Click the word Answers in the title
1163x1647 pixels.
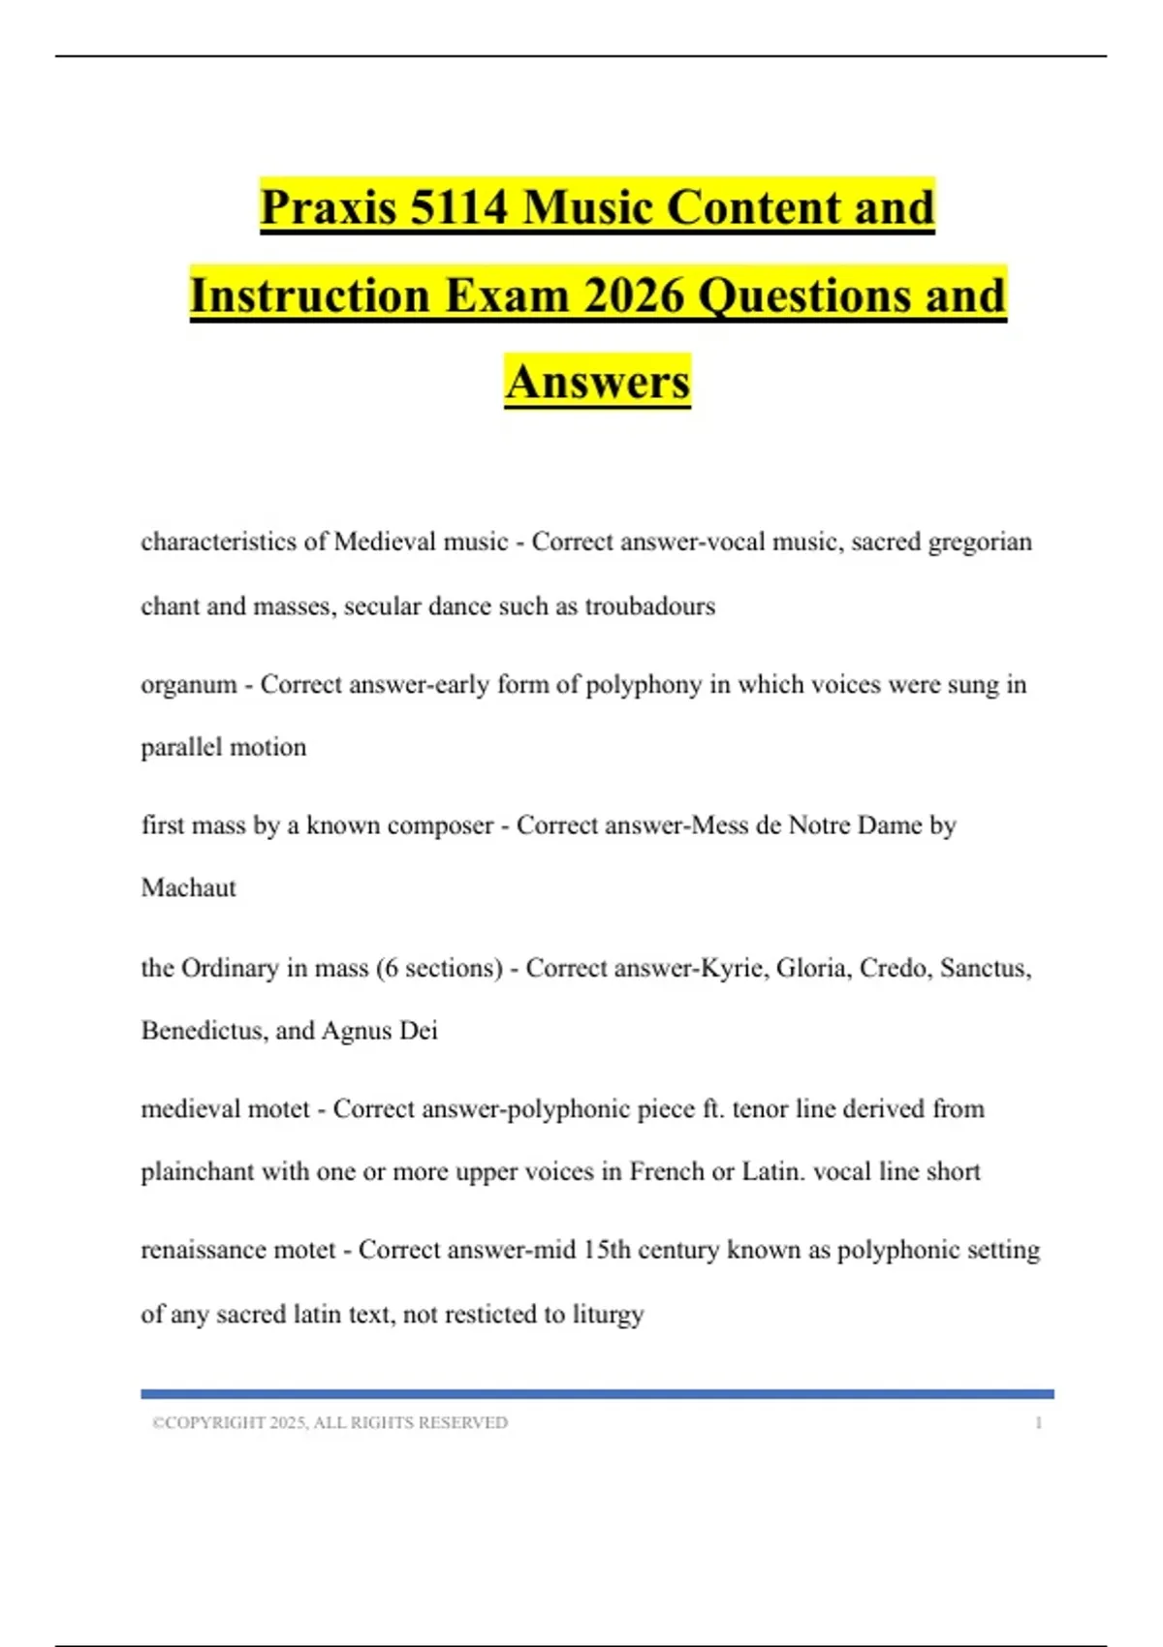coord(598,382)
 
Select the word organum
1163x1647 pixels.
coord(189,685)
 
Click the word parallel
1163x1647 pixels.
coord(181,747)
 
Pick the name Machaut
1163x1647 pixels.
coord(189,887)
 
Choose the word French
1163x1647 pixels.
coord(667,1171)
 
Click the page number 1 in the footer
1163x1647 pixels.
coord(1038,1422)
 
